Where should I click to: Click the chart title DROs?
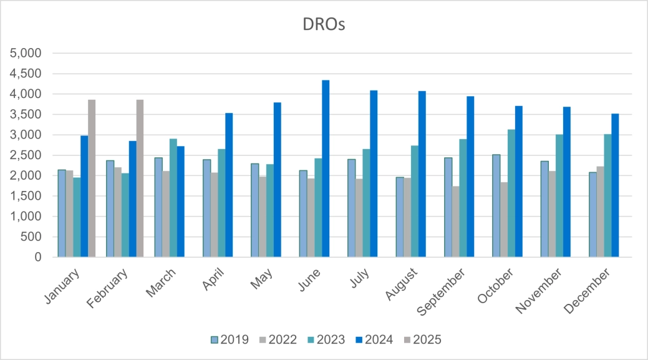pos(324,25)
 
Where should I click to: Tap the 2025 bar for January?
pos(92,178)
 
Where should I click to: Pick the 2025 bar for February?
pos(140,178)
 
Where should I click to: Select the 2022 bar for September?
pos(456,221)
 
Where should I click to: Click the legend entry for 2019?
pos(231,340)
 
